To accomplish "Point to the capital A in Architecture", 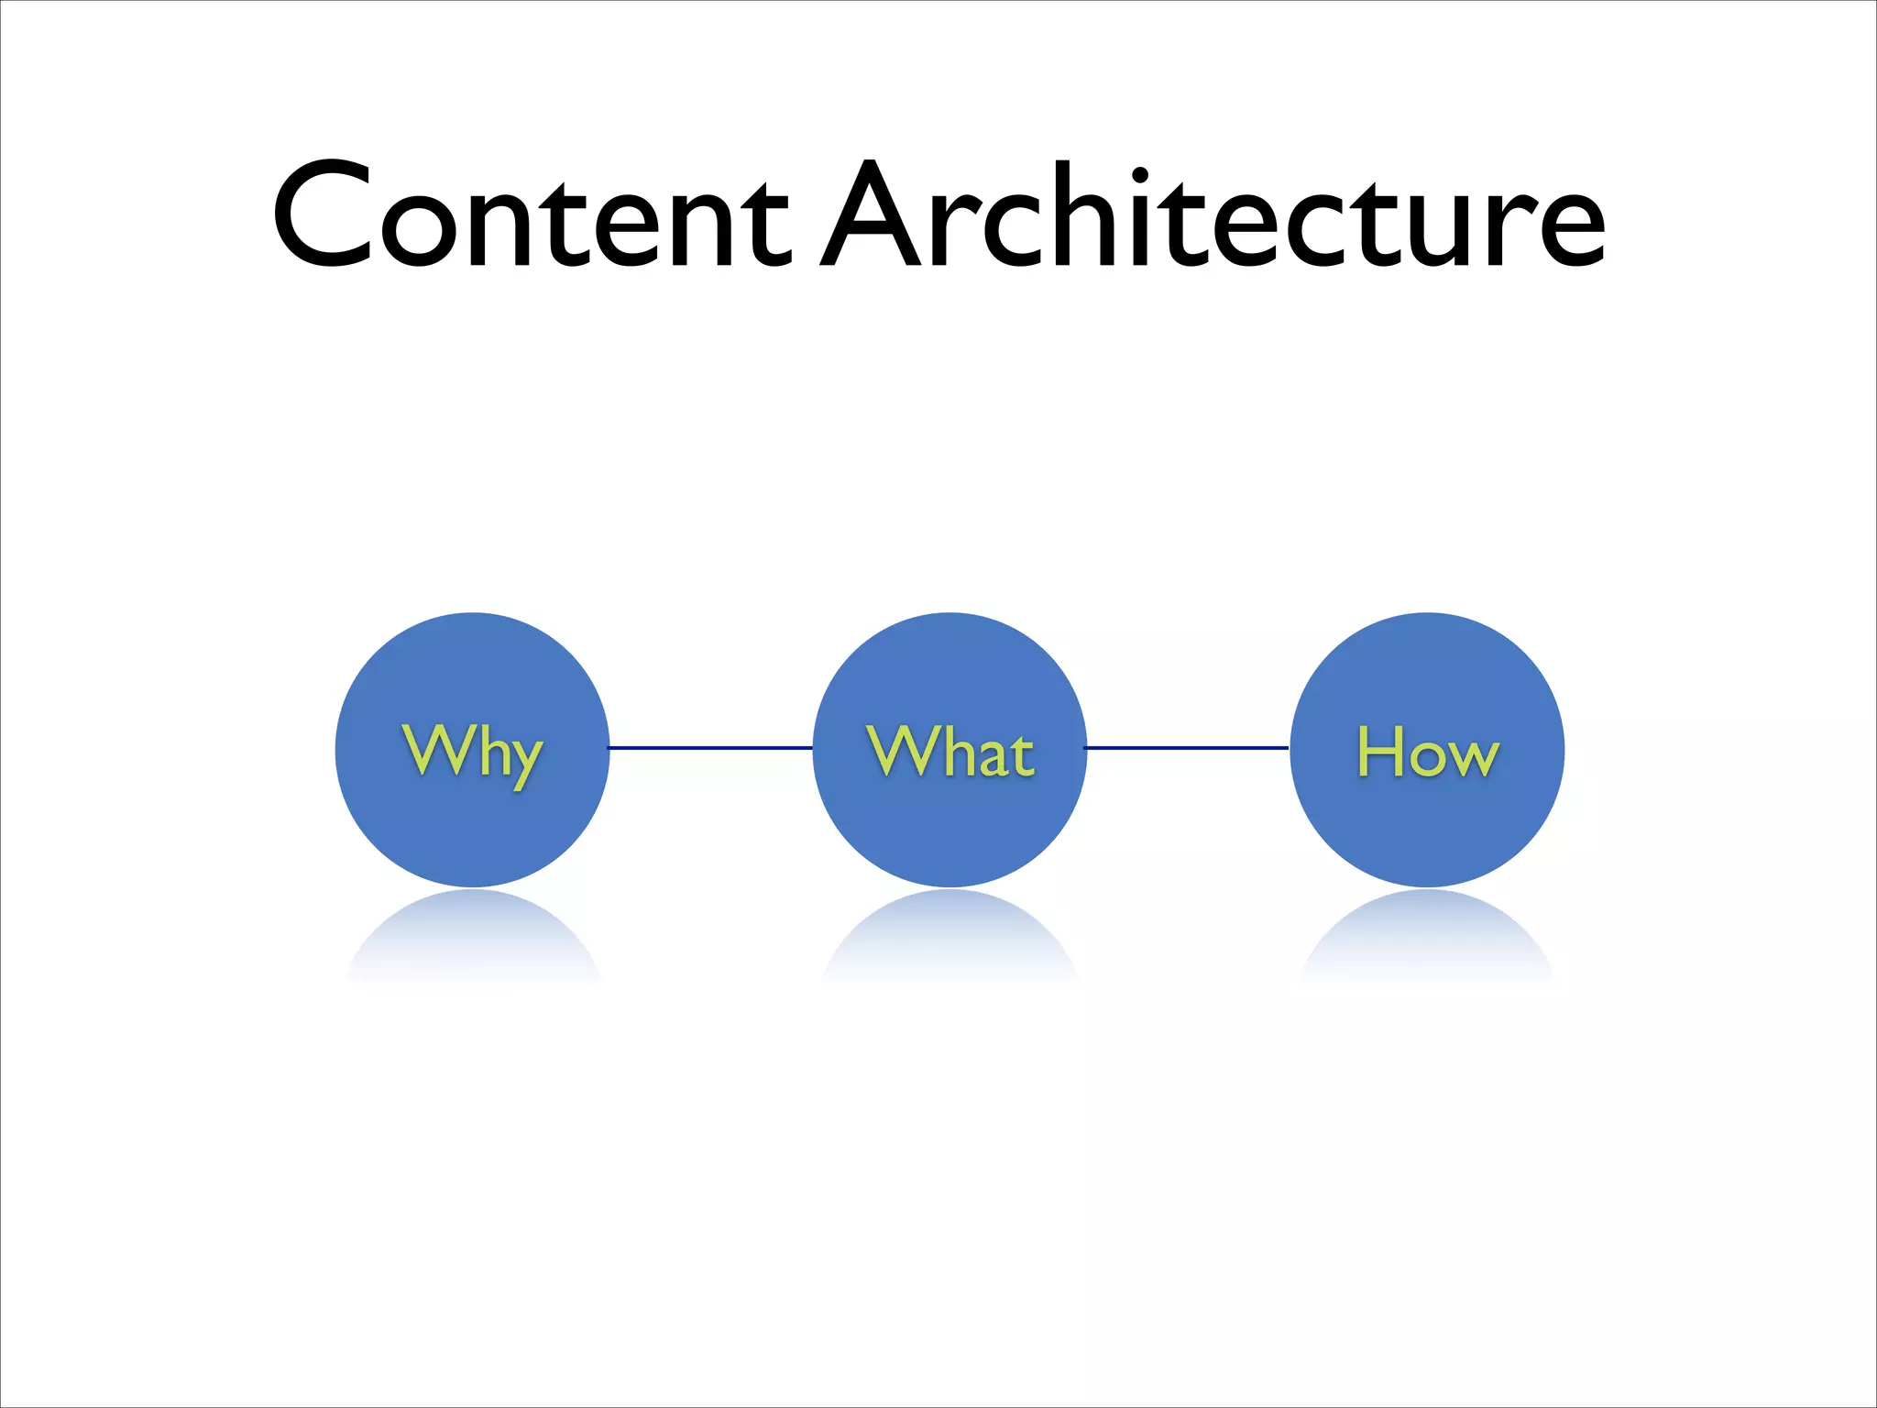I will click(x=871, y=216).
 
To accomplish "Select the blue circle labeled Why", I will click(x=472, y=825).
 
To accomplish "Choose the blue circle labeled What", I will click(x=949, y=825).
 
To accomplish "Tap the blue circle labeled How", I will click(x=1427, y=825).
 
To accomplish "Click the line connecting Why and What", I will click(x=710, y=748).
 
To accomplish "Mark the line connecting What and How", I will click(x=1187, y=748).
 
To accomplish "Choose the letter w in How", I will click(x=1471, y=759).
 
